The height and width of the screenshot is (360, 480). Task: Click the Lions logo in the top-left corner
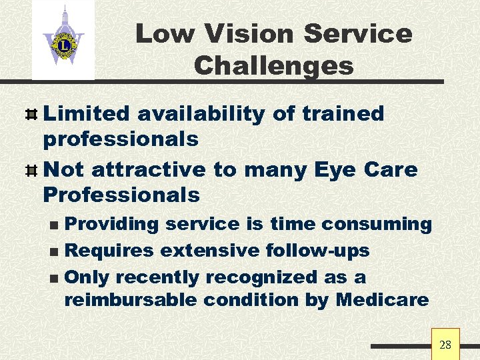point(63,40)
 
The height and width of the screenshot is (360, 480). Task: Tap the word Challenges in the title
point(273,65)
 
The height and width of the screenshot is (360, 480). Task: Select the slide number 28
point(445,345)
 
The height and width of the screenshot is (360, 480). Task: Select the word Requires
point(110,251)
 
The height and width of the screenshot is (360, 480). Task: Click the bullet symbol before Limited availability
point(30,114)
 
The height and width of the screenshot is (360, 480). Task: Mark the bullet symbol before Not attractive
point(30,170)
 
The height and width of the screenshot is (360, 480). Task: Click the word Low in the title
point(157,34)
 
